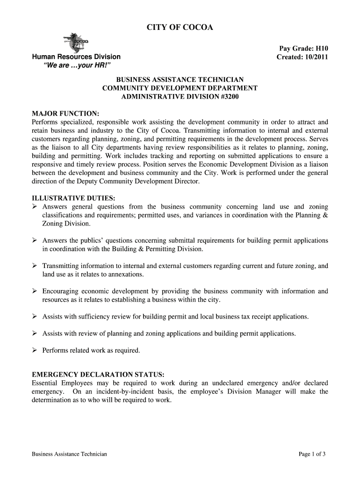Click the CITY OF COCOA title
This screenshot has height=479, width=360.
[x=180, y=28]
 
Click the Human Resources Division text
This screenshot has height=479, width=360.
[x=76, y=57]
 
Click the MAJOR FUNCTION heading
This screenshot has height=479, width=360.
[x=65, y=114]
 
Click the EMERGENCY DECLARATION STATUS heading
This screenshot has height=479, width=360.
[x=98, y=375]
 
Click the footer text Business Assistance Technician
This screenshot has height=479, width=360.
[x=69, y=454]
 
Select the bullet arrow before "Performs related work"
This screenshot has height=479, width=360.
[x=35, y=350]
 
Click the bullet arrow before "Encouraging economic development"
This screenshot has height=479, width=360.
[x=35, y=291]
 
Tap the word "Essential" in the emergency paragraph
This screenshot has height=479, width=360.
[x=45, y=383]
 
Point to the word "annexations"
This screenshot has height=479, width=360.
[x=126, y=275]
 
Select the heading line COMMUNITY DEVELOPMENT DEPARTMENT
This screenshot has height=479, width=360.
[x=180, y=88]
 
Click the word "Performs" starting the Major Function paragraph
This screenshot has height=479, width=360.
[x=44, y=122]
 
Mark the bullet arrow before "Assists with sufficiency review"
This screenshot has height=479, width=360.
[x=35, y=317]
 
